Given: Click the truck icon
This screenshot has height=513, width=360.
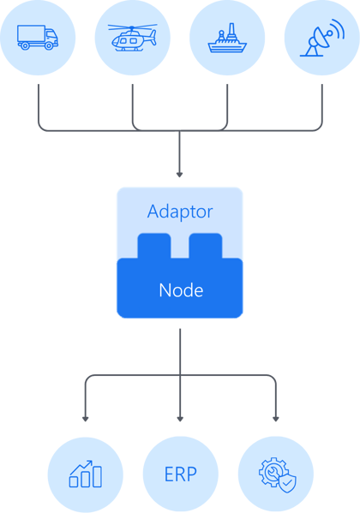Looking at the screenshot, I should point(38,38).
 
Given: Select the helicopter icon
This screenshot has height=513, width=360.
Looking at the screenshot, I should point(133,38).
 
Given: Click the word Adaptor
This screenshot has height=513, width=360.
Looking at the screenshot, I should point(180,211).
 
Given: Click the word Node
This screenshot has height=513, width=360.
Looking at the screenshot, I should point(180,290).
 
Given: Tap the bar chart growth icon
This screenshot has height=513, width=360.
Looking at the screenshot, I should point(85,474).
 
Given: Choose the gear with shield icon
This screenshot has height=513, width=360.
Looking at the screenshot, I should point(275,474).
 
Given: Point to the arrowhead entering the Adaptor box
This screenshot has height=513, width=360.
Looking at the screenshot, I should point(180,171).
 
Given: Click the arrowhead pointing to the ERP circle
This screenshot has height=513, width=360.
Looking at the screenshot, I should point(180,419).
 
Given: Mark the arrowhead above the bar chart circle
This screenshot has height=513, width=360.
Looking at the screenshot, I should point(85,419).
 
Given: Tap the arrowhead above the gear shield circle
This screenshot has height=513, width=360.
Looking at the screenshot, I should point(275,419).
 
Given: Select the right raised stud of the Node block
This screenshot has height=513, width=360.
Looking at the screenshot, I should point(206,246).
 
